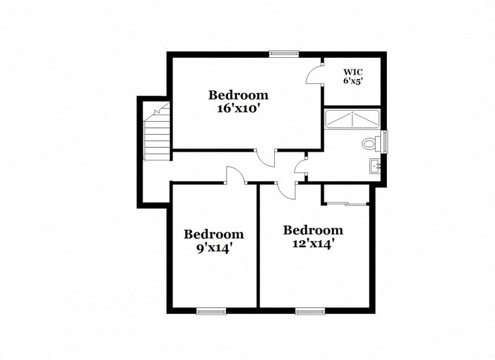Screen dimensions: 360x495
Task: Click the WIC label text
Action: [x=353, y=72]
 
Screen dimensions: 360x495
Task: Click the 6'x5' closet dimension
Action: [x=353, y=81]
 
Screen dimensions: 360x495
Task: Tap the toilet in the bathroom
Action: [x=370, y=143]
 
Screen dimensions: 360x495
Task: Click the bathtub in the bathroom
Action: [x=352, y=120]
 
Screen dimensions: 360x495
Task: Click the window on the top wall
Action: [x=284, y=53]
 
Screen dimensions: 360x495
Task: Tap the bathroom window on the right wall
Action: [x=385, y=141]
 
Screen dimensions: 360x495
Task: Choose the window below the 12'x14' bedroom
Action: [x=310, y=311]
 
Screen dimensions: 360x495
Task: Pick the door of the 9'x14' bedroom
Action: [x=234, y=175]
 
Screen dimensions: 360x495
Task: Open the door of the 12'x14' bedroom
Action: [x=285, y=191]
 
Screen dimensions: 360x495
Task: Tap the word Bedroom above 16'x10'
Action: [x=238, y=96]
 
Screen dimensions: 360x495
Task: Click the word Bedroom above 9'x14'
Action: [x=214, y=234]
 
